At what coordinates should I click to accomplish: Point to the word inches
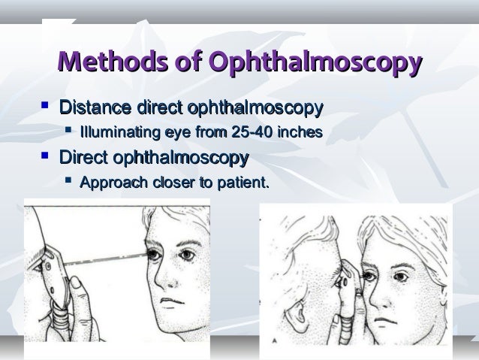click(x=299, y=134)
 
